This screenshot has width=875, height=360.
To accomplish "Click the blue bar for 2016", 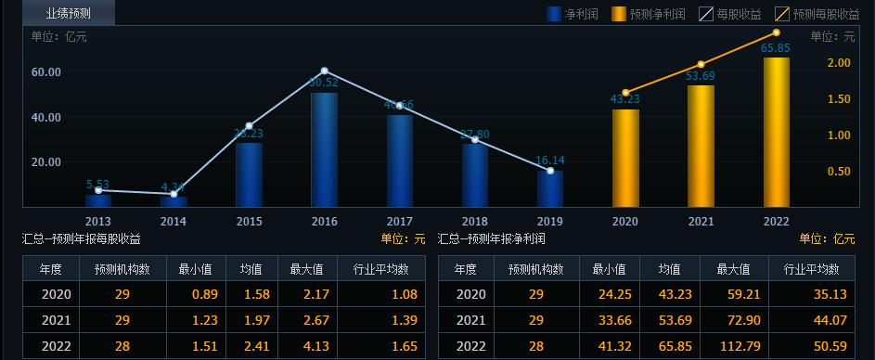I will click(x=324, y=148).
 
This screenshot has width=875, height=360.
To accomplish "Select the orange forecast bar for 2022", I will click(x=776, y=132).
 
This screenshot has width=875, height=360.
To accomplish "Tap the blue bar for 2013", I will click(x=98, y=199).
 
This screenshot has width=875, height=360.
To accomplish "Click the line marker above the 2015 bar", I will click(x=249, y=125).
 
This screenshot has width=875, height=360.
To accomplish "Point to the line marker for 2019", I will click(x=550, y=171).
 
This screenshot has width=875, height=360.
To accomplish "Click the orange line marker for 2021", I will click(x=701, y=65).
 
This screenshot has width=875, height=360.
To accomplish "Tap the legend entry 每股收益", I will click(x=730, y=14).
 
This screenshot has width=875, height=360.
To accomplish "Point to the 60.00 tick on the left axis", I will click(x=46, y=72).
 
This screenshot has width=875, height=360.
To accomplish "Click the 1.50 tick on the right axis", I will click(x=839, y=99).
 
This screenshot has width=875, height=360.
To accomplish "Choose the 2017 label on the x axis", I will click(x=399, y=222).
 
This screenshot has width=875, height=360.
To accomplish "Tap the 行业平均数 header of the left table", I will click(x=381, y=269).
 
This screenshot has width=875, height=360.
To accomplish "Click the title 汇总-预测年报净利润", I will click(x=492, y=239).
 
